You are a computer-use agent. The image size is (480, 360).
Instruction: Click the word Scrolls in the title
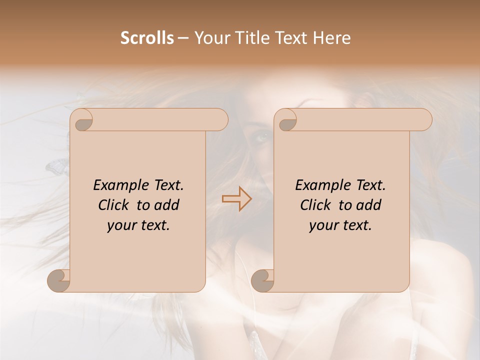click(147, 38)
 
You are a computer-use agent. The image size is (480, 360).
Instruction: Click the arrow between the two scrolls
click(237, 199)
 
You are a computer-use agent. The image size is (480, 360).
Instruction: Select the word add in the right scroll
click(369, 205)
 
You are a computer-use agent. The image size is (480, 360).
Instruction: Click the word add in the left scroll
click(167, 205)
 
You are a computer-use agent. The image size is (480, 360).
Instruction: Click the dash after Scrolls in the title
click(183, 38)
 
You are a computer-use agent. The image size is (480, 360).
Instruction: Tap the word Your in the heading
click(210, 38)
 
